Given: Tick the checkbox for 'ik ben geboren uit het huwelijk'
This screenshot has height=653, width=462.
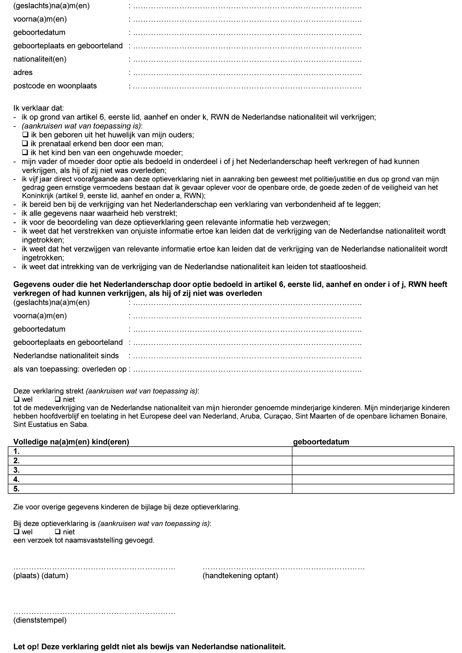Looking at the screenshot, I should (25, 135).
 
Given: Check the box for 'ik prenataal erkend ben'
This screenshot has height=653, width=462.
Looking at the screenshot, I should (25, 144).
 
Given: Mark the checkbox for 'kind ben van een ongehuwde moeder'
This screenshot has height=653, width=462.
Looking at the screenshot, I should (25, 153).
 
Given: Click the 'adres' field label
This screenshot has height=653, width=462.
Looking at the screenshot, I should (23, 72).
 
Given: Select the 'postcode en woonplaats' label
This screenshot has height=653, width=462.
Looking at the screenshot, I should (55, 86).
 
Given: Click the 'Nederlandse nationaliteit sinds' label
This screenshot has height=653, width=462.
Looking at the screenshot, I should (66, 355).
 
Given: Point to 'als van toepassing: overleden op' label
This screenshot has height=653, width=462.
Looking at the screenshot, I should (70, 369).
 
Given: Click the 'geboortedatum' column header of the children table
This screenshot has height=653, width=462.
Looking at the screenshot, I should (321, 442).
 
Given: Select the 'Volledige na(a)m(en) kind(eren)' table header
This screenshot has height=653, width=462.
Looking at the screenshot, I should (71, 442).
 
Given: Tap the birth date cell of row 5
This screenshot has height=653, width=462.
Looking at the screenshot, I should (373, 489).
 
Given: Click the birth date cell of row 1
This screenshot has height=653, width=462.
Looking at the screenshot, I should (373, 451).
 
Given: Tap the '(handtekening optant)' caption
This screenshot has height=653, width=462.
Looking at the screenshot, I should (240, 576).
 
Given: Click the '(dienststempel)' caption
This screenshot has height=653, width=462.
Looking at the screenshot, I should (40, 620).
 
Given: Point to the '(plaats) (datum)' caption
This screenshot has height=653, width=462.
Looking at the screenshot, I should (41, 576).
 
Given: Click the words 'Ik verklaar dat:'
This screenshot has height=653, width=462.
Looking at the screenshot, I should (39, 108).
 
